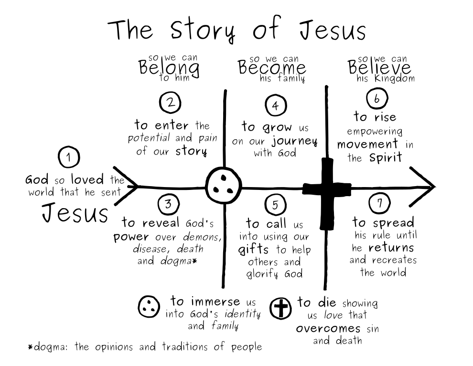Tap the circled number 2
coord(170,102)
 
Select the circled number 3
coord(168,204)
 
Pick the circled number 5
coord(275,205)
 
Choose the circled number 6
coord(376,99)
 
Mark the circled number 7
coord(380,202)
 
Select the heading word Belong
coord(169,68)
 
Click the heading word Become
coord(272,68)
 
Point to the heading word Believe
coord(379,68)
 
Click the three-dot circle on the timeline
coord(224,186)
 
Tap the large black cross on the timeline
coord(327,189)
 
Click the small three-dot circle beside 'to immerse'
coord(149,306)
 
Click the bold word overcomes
coord(328,328)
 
